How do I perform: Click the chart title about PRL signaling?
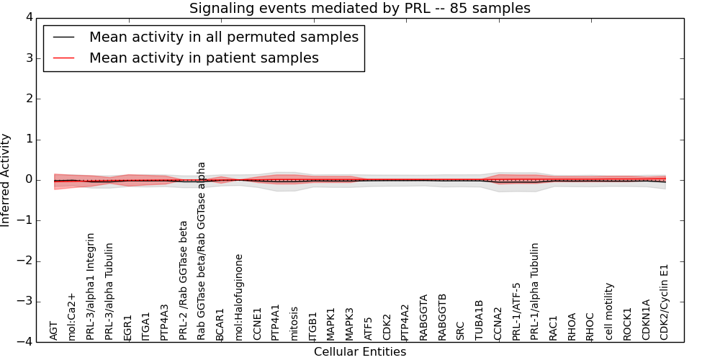[x=359, y=9]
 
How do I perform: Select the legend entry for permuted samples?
[x=223, y=37]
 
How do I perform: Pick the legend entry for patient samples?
[x=204, y=58]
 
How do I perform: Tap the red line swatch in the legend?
[x=63, y=58]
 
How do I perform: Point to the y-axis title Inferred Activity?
[x=6, y=180]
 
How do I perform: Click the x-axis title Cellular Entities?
[x=359, y=352]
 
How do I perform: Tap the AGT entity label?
[x=54, y=330]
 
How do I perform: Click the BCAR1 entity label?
[x=220, y=326]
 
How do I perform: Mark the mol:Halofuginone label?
[x=239, y=297]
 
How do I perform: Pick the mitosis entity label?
[x=294, y=323]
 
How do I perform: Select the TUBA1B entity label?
[x=480, y=320]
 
